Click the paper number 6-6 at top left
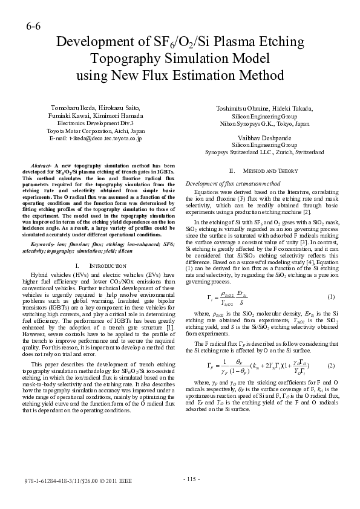[33, 27]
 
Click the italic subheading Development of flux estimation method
[232, 183]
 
